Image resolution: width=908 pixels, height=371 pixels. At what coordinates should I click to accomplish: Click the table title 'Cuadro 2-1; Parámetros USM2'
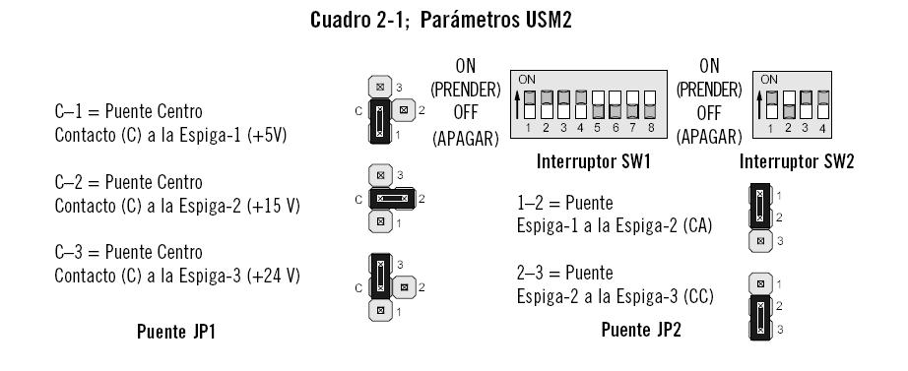click(440, 20)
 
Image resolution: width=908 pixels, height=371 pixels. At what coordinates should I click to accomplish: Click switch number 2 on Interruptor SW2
click(787, 104)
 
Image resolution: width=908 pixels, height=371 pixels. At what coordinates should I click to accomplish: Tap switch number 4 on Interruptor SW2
click(820, 104)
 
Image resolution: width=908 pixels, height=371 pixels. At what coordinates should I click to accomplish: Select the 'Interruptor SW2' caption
click(797, 160)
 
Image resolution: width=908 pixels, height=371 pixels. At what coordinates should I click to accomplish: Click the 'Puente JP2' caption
click(641, 330)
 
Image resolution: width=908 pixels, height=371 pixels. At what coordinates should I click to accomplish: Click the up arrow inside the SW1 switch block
click(519, 101)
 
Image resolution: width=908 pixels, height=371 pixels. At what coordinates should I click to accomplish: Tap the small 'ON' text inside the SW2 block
click(769, 79)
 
